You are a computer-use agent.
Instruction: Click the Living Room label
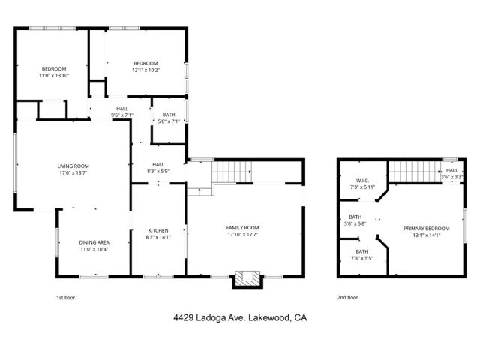(x=73, y=166)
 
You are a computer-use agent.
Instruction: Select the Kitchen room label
(x=157, y=230)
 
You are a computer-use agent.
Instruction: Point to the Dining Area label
(x=94, y=242)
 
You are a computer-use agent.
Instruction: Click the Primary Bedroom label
(x=427, y=228)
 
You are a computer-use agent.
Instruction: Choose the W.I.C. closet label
(x=361, y=180)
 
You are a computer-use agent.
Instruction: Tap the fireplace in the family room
(x=247, y=279)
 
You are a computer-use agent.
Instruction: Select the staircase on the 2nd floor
(x=413, y=173)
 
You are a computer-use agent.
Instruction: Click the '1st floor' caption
(x=66, y=297)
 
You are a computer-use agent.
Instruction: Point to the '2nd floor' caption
(x=347, y=297)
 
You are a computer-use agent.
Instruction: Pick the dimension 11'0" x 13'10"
(x=54, y=75)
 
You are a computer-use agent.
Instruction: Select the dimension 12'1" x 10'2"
(x=145, y=70)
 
